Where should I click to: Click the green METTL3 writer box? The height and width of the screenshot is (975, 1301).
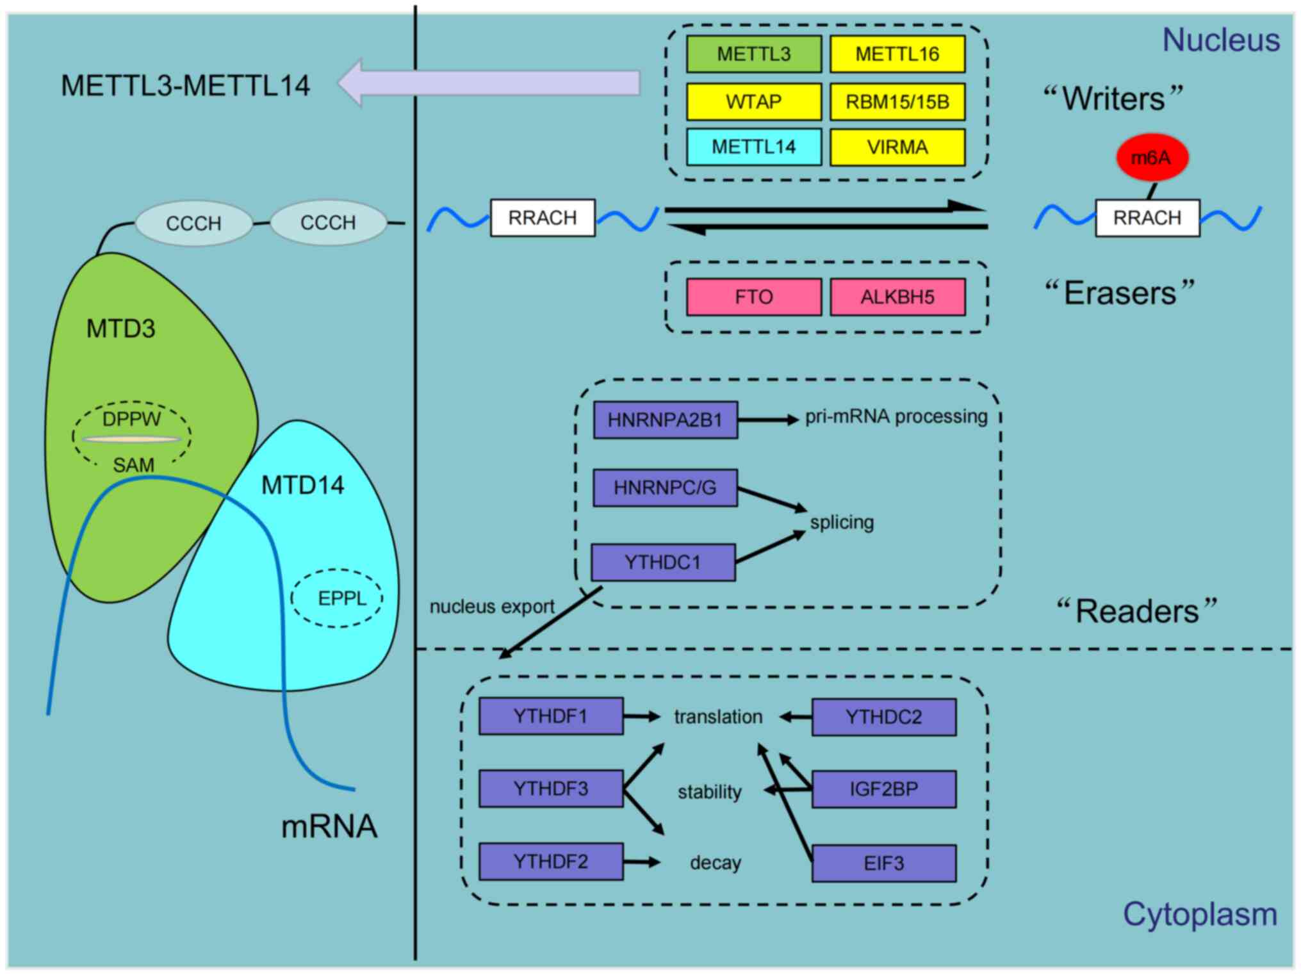753,54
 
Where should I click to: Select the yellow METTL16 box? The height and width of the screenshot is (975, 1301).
897,54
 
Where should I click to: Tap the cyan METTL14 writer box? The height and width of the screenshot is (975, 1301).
753,147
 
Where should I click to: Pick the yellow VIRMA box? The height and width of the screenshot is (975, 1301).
897,147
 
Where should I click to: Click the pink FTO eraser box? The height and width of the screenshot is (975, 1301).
753,297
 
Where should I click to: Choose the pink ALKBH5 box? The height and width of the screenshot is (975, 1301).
897,297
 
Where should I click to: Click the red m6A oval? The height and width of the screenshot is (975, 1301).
1151,157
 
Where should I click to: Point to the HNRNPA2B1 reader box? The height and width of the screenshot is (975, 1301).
665,420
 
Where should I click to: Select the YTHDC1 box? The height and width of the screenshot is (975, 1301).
662,562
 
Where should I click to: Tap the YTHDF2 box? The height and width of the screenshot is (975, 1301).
550,861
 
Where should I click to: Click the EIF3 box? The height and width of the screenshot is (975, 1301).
883,863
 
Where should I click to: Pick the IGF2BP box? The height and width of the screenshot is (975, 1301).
883,789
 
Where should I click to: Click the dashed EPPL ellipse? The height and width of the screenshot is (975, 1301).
337,598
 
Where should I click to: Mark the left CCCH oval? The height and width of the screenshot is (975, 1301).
193,223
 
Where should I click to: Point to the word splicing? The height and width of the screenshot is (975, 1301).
841,522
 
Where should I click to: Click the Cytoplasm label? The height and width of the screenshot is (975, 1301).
1199,914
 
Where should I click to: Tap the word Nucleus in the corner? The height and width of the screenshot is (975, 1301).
1220,40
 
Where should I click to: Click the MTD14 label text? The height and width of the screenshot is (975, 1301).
302,485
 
